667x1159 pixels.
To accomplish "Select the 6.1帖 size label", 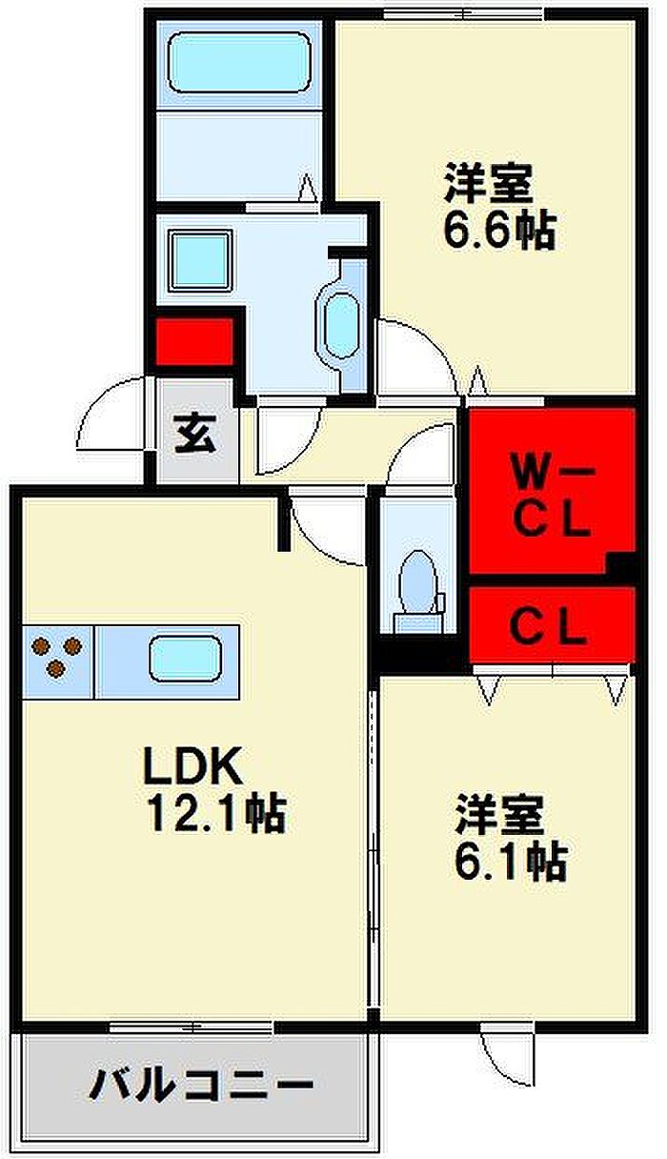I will click(512, 862).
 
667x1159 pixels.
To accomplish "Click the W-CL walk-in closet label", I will click(552, 493).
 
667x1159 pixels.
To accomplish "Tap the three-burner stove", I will click(56, 657).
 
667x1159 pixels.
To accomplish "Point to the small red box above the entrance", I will click(194, 341).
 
